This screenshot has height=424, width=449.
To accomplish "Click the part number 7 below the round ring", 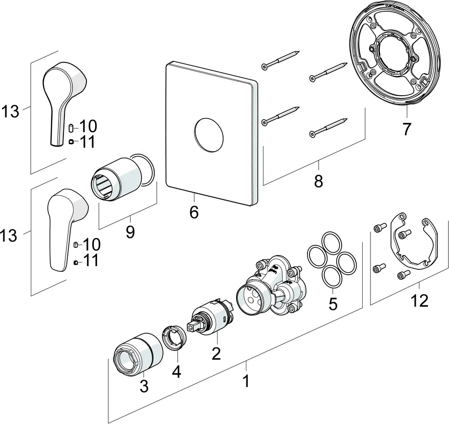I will click(407, 129).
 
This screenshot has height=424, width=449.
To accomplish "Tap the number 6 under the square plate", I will click(194, 213).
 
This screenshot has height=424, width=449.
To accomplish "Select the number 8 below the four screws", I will click(318, 182).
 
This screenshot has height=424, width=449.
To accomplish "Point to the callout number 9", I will click(130, 232).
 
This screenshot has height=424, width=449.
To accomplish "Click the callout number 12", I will click(419, 301).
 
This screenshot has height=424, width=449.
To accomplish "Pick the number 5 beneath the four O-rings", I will click(333, 304).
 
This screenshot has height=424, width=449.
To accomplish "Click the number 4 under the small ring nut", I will click(176, 372).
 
